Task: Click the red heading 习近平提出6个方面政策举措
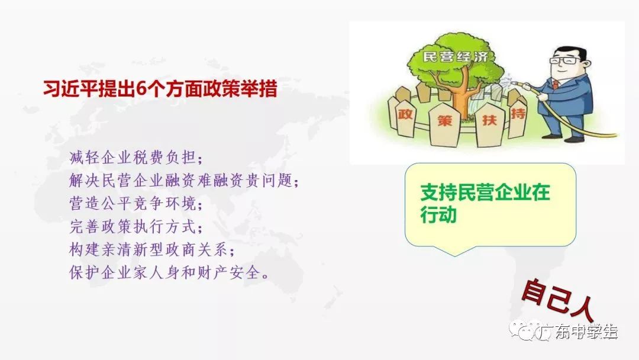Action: [160, 89]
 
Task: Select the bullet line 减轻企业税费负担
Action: [136, 157]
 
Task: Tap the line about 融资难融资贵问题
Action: [184, 180]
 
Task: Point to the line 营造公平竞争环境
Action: [136, 204]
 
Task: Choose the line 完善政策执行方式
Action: [136, 227]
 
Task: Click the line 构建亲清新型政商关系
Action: [152, 249]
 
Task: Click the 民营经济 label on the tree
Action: [455, 56]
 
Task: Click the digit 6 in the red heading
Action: [141, 89]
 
